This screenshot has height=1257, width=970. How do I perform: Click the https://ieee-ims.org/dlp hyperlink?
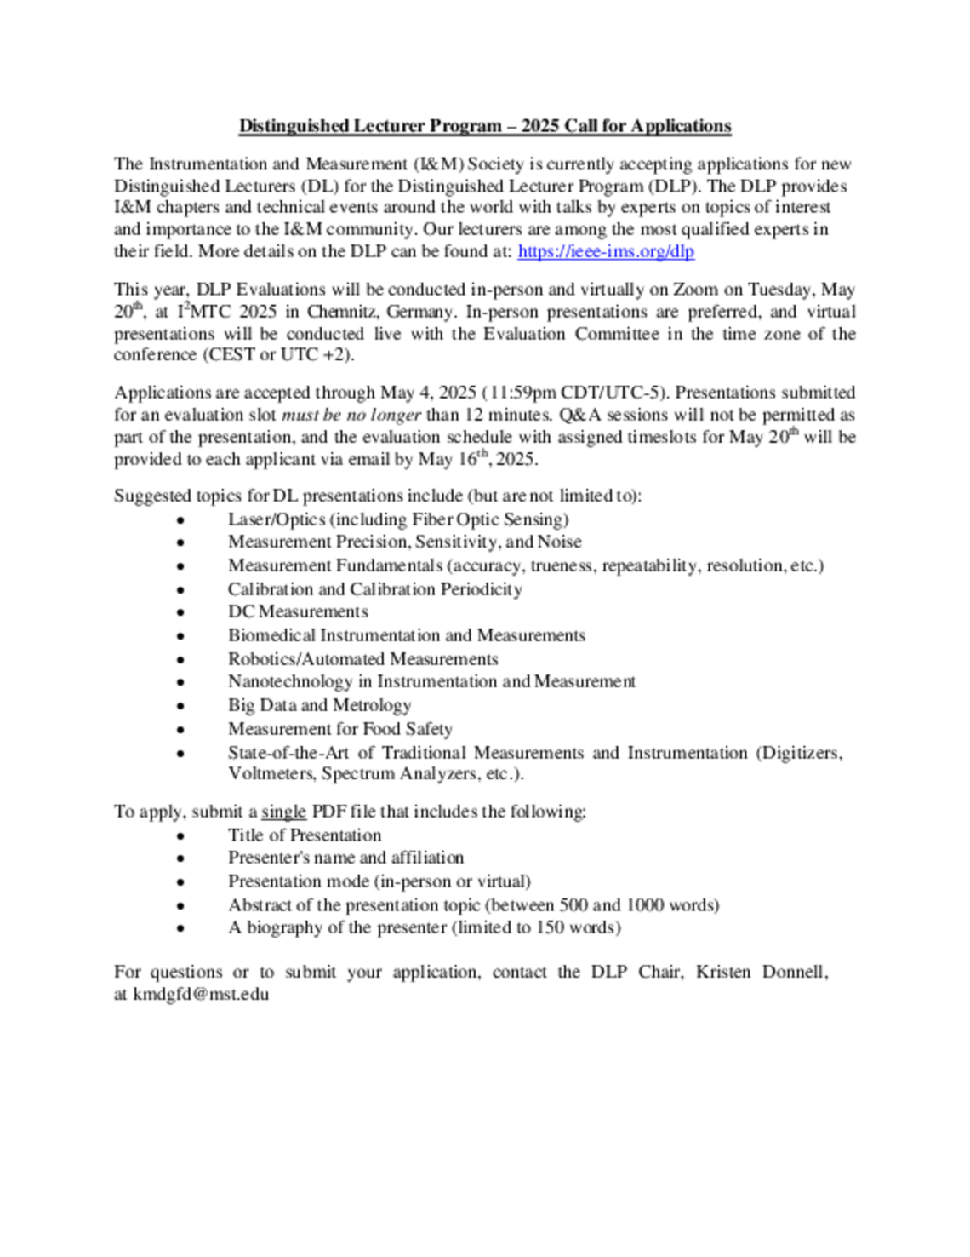pos(605,251)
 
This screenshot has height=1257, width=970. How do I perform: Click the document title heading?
pos(484,126)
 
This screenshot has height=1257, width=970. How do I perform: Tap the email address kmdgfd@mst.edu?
pos(201,994)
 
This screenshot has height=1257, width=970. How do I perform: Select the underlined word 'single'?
pos(282,812)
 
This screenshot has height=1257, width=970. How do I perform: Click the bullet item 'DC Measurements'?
pos(298,611)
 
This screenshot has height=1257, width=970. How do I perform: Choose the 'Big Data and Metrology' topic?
pos(319,705)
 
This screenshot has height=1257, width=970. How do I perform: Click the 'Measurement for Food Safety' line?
pos(339,729)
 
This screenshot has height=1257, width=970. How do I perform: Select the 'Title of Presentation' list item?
pos(304,835)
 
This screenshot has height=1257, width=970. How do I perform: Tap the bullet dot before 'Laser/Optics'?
pos(180,520)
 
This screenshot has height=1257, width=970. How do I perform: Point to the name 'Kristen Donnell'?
pos(760,972)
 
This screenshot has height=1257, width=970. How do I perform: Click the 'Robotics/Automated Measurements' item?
pos(362,659)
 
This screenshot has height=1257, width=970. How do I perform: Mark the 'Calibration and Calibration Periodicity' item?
pos(374,589)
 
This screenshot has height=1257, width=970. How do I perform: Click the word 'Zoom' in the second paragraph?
pos(695,290)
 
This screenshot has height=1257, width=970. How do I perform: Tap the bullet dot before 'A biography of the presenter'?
pos(180,928)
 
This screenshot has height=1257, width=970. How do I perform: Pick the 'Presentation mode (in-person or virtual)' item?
pos(379,881)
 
